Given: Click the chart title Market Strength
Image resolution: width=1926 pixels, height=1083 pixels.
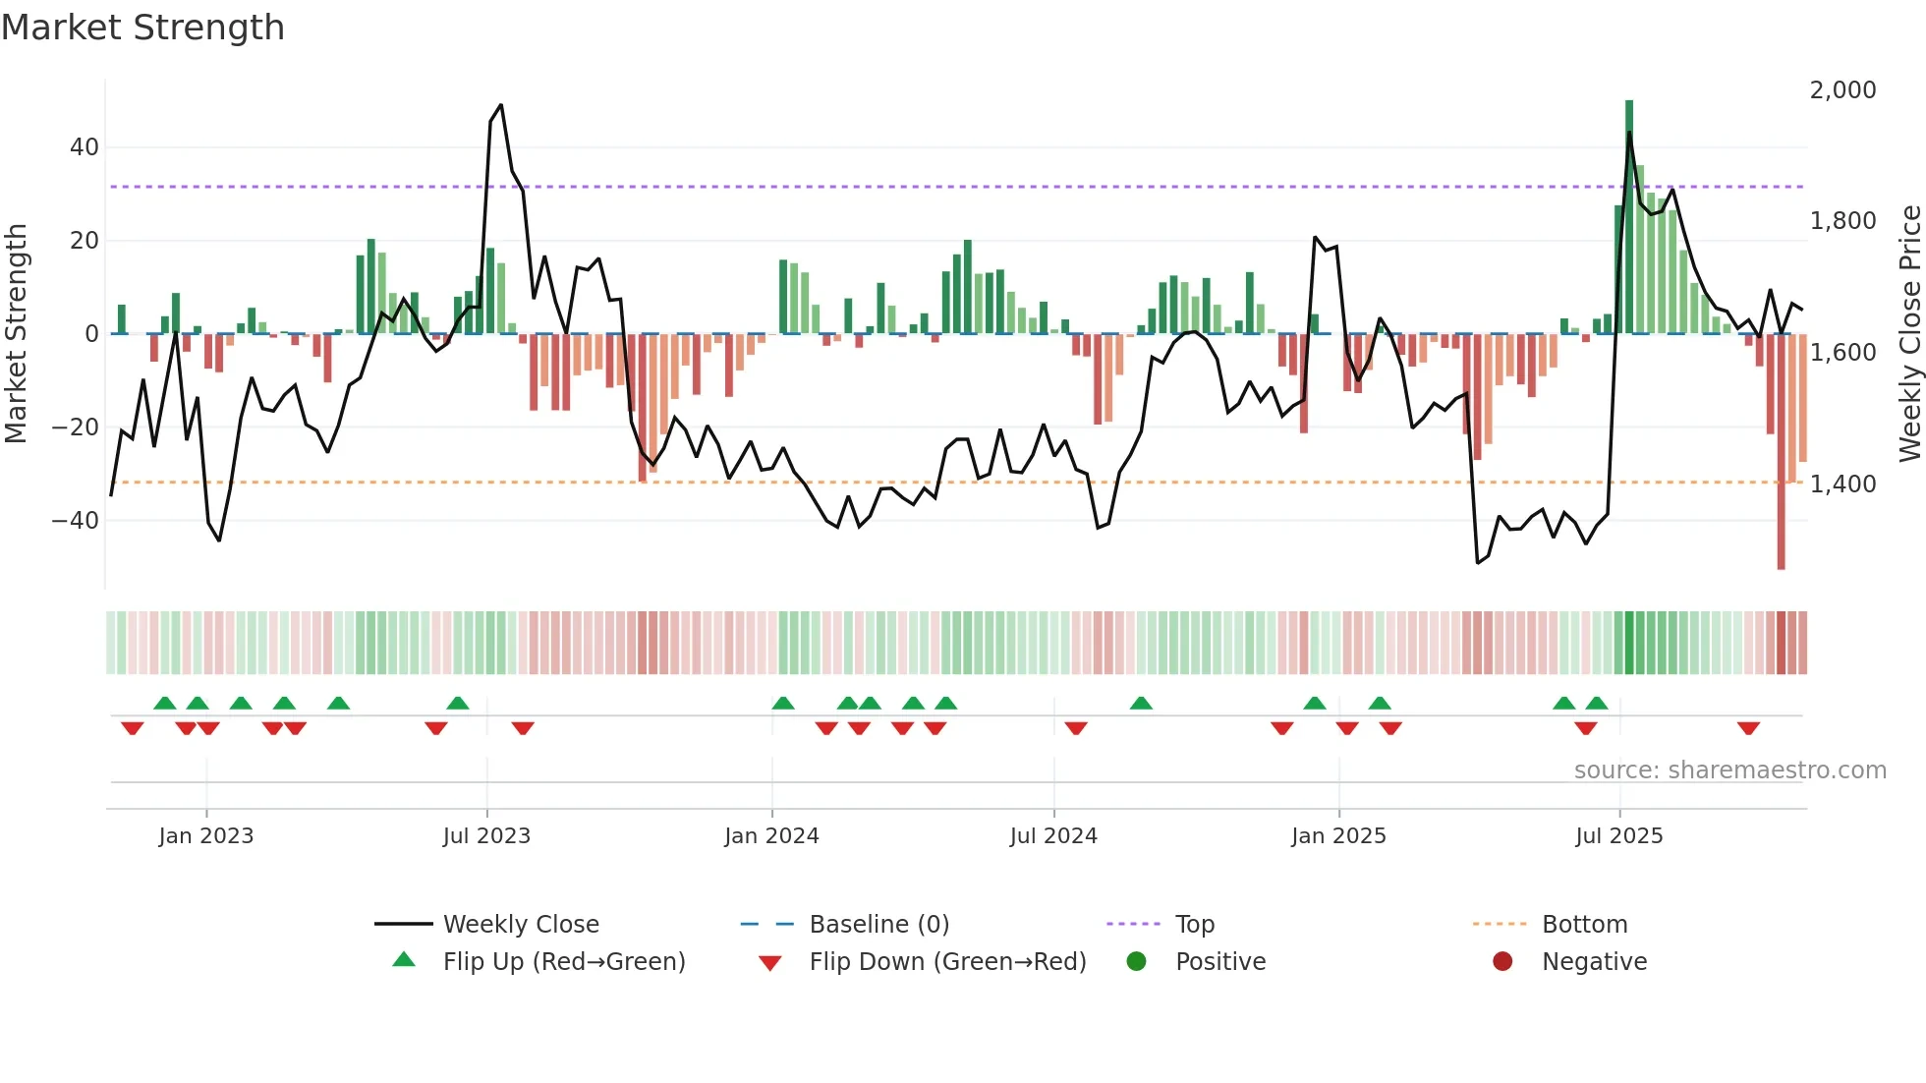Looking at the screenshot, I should coord(142,28).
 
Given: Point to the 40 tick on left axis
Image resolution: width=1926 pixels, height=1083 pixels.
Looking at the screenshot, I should coord(85,147).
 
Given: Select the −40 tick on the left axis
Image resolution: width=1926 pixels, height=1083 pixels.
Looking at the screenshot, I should coord(77,520).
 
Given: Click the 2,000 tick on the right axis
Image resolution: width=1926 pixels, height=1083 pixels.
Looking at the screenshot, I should coord(1842,90).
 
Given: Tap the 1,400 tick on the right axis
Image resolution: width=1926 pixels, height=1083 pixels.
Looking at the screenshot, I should coord(1842,484).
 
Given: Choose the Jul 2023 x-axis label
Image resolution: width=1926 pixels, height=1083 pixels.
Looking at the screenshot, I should coord(486,836).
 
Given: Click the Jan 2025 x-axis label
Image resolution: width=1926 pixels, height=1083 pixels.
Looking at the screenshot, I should coord(1338,836).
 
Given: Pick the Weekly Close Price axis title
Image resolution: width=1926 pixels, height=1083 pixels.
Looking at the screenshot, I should coord(1909,334).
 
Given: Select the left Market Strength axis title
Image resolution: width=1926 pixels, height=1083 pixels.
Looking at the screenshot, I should coord(16,334).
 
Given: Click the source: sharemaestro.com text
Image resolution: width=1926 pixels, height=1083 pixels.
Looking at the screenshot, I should coord(1729,770).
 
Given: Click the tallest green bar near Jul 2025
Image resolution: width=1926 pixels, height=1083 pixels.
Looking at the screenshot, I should coord(1629,216).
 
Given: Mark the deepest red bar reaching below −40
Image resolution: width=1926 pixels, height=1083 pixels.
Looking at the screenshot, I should coord(1781,452).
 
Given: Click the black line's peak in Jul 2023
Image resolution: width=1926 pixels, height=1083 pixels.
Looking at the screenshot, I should coord(501,105).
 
